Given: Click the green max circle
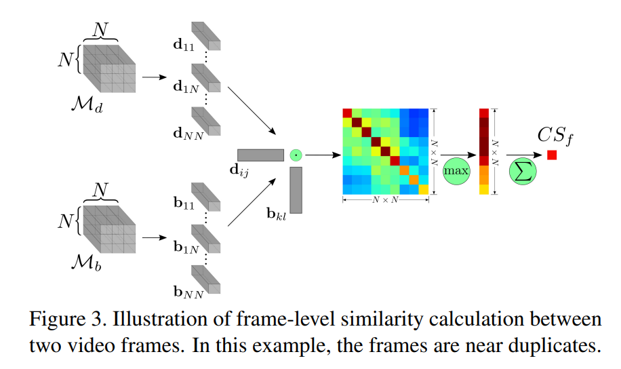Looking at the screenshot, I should [456, 171].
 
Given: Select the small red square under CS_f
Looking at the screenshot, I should [552, 155].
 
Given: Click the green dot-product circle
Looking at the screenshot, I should [295, 155].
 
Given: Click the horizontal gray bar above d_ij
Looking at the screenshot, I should [260, 155].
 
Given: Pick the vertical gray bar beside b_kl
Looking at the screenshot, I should [296, 190].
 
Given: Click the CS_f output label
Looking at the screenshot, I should [555, 134].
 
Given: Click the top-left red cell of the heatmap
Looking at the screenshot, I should [347, 113].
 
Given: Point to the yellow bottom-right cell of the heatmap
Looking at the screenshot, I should [423, 189].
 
